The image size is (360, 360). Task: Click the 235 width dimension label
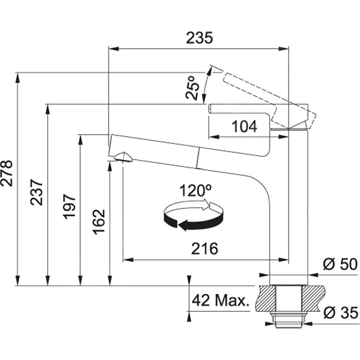click(199, 38)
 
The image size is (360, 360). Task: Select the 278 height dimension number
click(7, 173)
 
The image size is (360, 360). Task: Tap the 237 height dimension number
click(36, 192)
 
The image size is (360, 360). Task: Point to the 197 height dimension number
click(69, 206)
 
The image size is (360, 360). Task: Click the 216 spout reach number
click(205, 249)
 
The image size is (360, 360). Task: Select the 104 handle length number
click(244, 126)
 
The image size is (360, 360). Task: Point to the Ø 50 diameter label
click(340, 265)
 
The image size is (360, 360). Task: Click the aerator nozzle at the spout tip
click(123, 157)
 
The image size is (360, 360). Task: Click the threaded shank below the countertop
click(288, 319)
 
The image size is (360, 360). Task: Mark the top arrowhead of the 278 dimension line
click(18, 77)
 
